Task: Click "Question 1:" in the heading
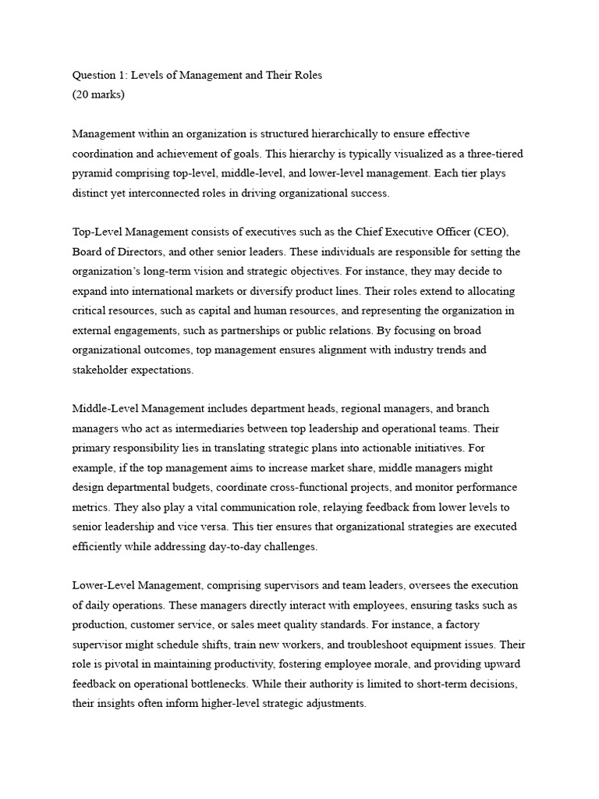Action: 98,76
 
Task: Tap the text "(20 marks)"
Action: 98,95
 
